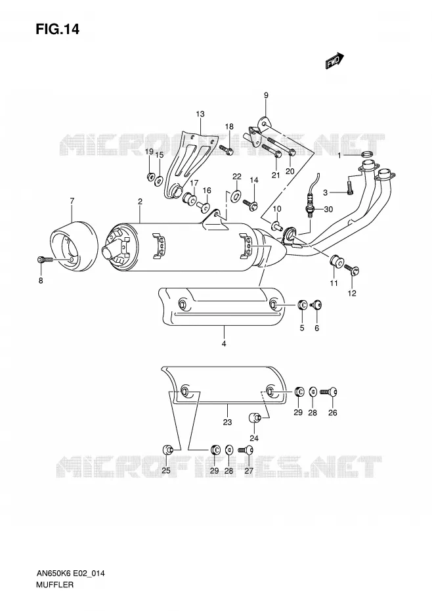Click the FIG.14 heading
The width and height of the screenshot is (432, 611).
(x=57, y=29)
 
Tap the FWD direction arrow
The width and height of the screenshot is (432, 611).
(x=335, y=61)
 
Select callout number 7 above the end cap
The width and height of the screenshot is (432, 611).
(x=72, y=201)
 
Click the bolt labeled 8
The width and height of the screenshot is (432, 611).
(x=45, y=260)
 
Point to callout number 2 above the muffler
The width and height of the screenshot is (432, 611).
(x=140, y=202)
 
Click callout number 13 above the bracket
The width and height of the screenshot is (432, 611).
(x=200, y=114)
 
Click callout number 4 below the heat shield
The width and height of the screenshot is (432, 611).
(x=224, y=344)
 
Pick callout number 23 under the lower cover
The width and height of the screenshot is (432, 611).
(x=228, y=422)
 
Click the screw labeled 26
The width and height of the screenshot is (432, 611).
(x=328, y=392)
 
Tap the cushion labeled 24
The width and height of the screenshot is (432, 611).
(x=254, y=419)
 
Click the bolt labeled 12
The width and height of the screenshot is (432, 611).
(x=352, y=269)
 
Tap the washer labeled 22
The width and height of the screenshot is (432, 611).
(x=236, y=196)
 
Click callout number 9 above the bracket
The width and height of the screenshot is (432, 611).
(x=266, y=95)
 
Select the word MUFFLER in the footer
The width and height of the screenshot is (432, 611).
(x=54, y=585)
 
